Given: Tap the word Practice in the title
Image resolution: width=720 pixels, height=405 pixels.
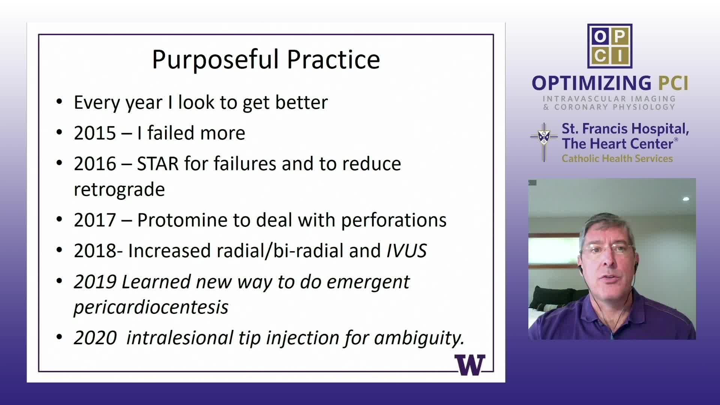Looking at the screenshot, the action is pyautogui.click(x=333, y=59).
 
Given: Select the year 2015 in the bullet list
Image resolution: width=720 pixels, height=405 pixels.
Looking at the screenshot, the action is pyautogui.click(x=95, y=133).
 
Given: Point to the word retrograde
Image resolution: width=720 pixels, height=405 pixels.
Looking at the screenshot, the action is pyautogui.click(x=119, y=190).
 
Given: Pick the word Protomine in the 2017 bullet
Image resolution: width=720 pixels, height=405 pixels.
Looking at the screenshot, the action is pyautogui.click(x=182, y=220).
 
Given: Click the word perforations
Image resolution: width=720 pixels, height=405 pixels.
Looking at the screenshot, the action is pyautogui.click(x=394, y=220).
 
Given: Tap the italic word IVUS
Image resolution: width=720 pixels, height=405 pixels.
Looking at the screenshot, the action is pyautogui.click(x=406, y=251).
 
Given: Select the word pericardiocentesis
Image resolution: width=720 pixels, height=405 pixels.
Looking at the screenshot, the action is pyautogui.click(x=151, y=307).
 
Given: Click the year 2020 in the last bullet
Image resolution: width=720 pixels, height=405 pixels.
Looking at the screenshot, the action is pyautogui.click(x=95, y=338).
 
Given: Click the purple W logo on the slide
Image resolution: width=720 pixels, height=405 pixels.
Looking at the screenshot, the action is pyautogui.click(x=470, y=365).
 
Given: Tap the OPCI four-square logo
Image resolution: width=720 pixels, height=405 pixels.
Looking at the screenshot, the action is pyautogui.click(x=610, y=46).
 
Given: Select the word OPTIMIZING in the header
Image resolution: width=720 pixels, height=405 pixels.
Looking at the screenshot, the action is pyautogui.click(x=592, y=83).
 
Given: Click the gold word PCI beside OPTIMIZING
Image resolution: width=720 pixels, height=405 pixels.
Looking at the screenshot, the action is pyautogui.click(x=673, y=83).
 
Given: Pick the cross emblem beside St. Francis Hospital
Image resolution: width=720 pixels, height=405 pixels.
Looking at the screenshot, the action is pyautogui.click(x=544, y=142).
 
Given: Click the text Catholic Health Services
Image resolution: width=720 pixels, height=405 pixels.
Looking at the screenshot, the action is pyautogui.click(x=617, y=159).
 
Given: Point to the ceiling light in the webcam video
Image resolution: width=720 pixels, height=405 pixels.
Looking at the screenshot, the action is pyautogui.click(x=686, y=199).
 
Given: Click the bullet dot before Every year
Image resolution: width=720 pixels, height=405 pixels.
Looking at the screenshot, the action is pyautogui.click(x=59, y=102).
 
